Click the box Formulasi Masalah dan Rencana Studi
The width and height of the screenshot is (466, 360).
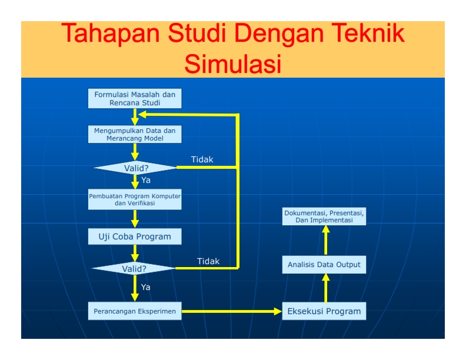click(135, 98)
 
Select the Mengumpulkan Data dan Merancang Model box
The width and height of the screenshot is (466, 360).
click(135, 134)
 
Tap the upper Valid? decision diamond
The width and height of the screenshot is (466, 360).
click(135, 168)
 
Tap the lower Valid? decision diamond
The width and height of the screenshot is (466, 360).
click(134, 269)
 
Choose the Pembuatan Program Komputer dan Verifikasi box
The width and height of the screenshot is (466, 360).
click(135, 199)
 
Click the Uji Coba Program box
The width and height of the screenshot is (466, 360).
click(135, 237)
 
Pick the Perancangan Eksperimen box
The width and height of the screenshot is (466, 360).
click(135, 311)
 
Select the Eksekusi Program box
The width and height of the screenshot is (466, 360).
click(324, 311)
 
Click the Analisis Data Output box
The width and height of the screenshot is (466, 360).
click(324, 265)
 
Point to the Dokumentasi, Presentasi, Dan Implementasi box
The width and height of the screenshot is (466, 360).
click(324, 216)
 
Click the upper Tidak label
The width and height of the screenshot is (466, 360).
click(202, 159)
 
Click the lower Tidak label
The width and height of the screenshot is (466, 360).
click(208, 261)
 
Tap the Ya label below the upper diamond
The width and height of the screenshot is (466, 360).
click(146, 180)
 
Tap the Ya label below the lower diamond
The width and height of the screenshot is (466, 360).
click(146, 287)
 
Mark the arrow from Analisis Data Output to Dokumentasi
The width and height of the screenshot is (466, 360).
click(325, 241)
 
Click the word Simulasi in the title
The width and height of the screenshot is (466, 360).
click(232, 64)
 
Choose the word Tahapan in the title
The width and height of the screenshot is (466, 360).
click(111, 34)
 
